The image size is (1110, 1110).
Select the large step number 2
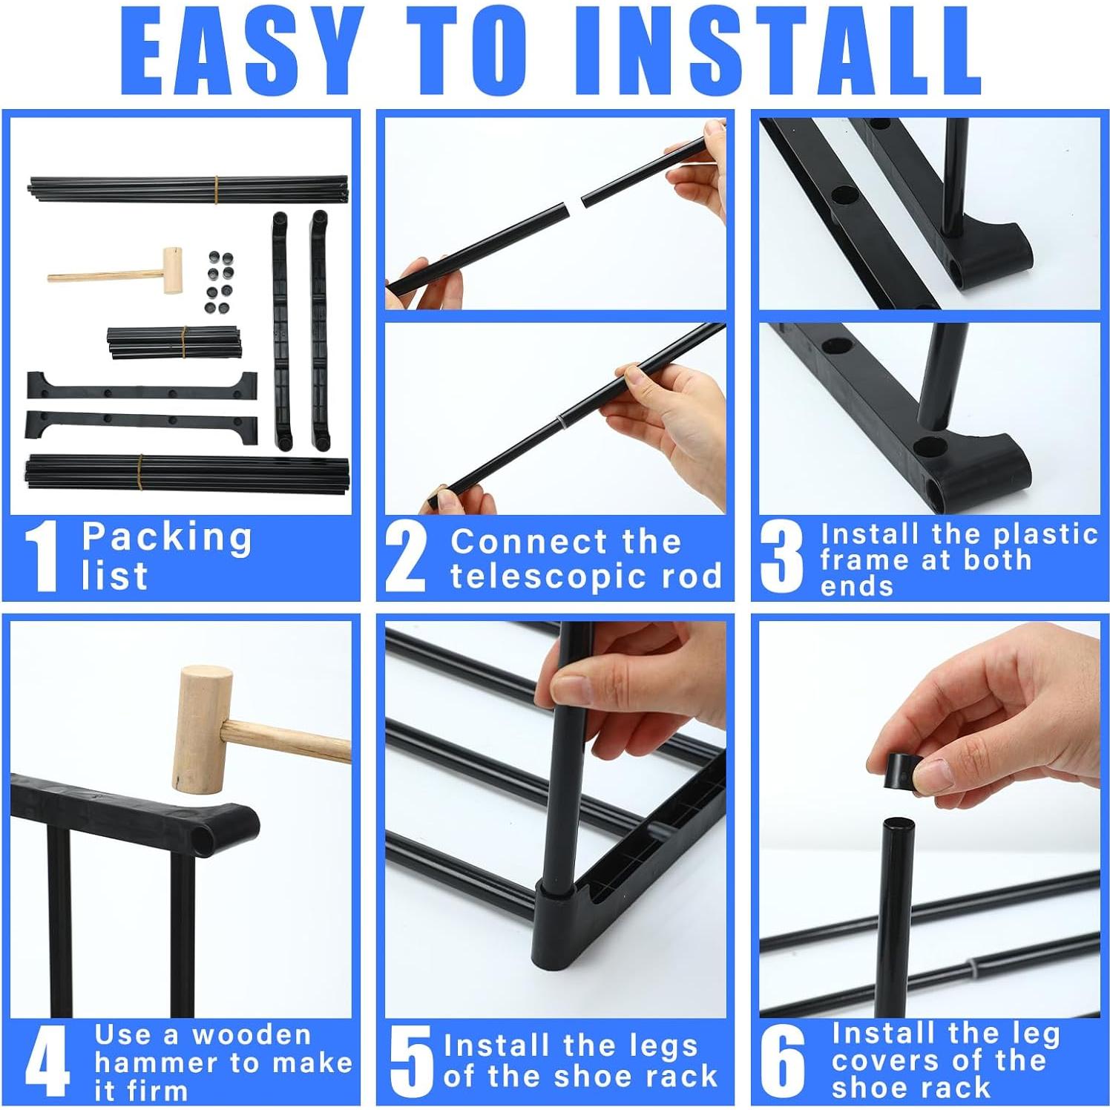pyautogui.click(x=407, y=556)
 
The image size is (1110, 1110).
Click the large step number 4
pyautogui.click(x=46, y=1061)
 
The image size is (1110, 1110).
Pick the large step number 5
pyautogui.click(x=410, y=1061)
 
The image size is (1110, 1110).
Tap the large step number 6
pyautogui.click(x=783, y=1061)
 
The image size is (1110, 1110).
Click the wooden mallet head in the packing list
pyautogui.click(x=173, y=271)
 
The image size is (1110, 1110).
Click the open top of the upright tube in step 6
pyautogui.click(x=898, y=824)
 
